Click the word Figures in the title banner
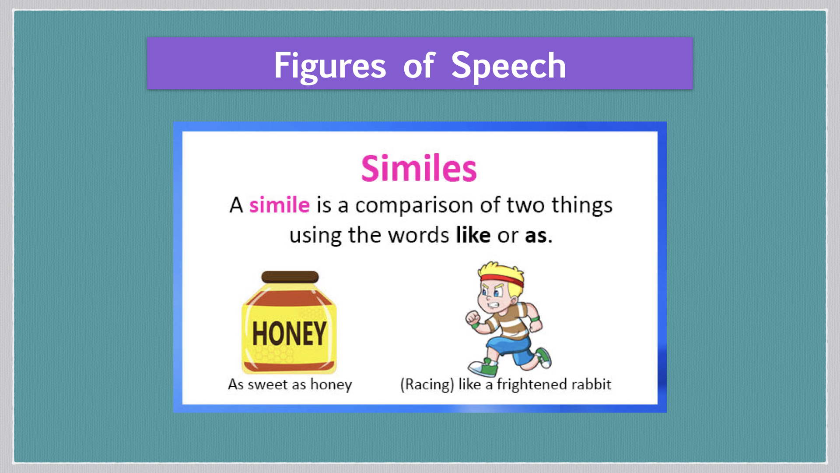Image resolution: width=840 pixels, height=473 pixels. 330,66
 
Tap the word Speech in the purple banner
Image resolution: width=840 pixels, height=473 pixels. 508,66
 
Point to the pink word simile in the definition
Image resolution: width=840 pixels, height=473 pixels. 280,205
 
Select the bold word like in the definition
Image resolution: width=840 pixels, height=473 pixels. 473,235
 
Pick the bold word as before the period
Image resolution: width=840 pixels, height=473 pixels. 536,236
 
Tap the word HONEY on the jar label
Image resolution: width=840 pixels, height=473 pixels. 289,334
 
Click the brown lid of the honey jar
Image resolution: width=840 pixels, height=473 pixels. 290,277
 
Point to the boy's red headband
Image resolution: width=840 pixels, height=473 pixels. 501,280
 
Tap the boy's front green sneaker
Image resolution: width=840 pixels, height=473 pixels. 483,368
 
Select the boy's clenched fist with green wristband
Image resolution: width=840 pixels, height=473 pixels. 473,318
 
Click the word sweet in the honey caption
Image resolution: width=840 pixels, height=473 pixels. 268,385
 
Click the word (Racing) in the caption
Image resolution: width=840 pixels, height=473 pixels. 427,385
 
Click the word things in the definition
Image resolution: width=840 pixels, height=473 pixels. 582,205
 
